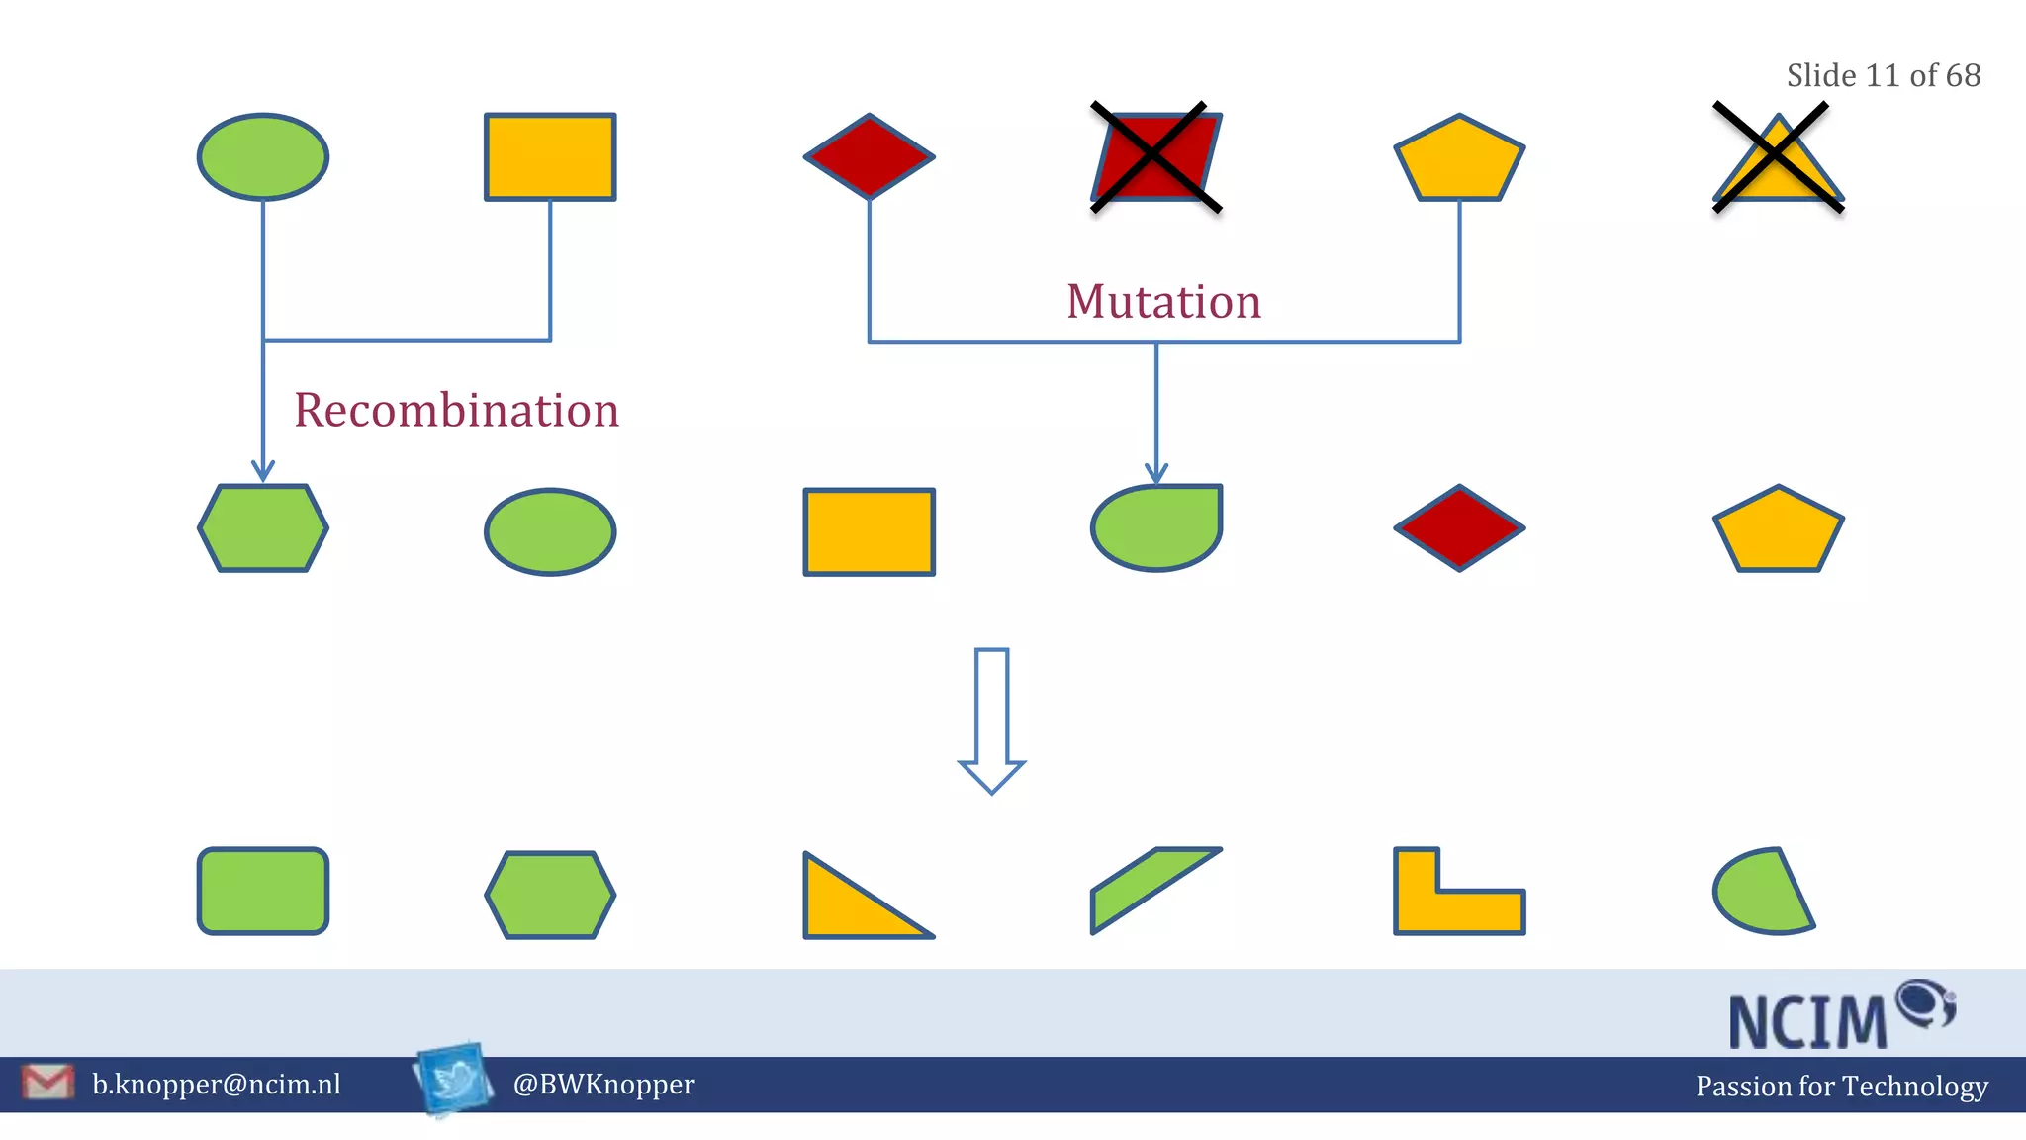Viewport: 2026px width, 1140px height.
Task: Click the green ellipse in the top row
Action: click(263, 156)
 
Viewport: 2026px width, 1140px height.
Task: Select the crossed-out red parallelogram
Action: click(1155, 156)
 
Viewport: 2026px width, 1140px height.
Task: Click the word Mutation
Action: click(1163, 301)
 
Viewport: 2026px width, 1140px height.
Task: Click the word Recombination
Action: click(456, 410)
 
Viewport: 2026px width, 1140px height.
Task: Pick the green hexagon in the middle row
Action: click(263, 527)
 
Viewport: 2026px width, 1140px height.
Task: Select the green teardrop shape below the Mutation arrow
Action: click(1155, 527)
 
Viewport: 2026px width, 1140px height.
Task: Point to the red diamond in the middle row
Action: click(1459, 527)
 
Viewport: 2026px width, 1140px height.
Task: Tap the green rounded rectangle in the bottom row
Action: click(263, 891)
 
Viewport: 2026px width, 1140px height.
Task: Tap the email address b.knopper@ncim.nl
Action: click(217, 1085)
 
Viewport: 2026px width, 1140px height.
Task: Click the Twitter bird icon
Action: click(454, 1079)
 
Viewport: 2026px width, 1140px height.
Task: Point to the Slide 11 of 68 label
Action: click(1883, 75)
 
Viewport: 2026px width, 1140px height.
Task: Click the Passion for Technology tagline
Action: click(1841, 1086)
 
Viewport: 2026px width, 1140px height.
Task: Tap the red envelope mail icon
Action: click(47, 1082)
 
